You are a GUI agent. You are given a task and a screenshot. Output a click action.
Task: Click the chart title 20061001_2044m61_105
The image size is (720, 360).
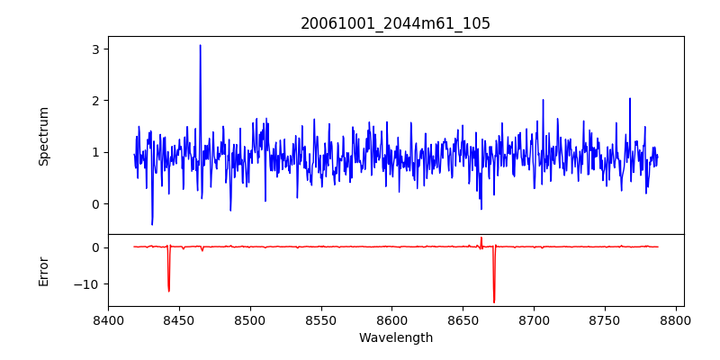(395, 24)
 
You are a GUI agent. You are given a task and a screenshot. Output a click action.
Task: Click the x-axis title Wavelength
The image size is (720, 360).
(395, 337)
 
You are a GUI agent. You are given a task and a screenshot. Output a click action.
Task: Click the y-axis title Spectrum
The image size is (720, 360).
(43, 136)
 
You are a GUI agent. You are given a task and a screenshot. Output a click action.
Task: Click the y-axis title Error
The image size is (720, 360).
(43, 271)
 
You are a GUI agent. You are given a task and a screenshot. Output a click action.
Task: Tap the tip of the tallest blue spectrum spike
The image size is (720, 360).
(200, 45)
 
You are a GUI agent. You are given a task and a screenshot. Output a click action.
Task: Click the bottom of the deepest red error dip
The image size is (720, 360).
(494, 302)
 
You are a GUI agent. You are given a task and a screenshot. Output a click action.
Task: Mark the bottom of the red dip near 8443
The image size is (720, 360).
(168, 291)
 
